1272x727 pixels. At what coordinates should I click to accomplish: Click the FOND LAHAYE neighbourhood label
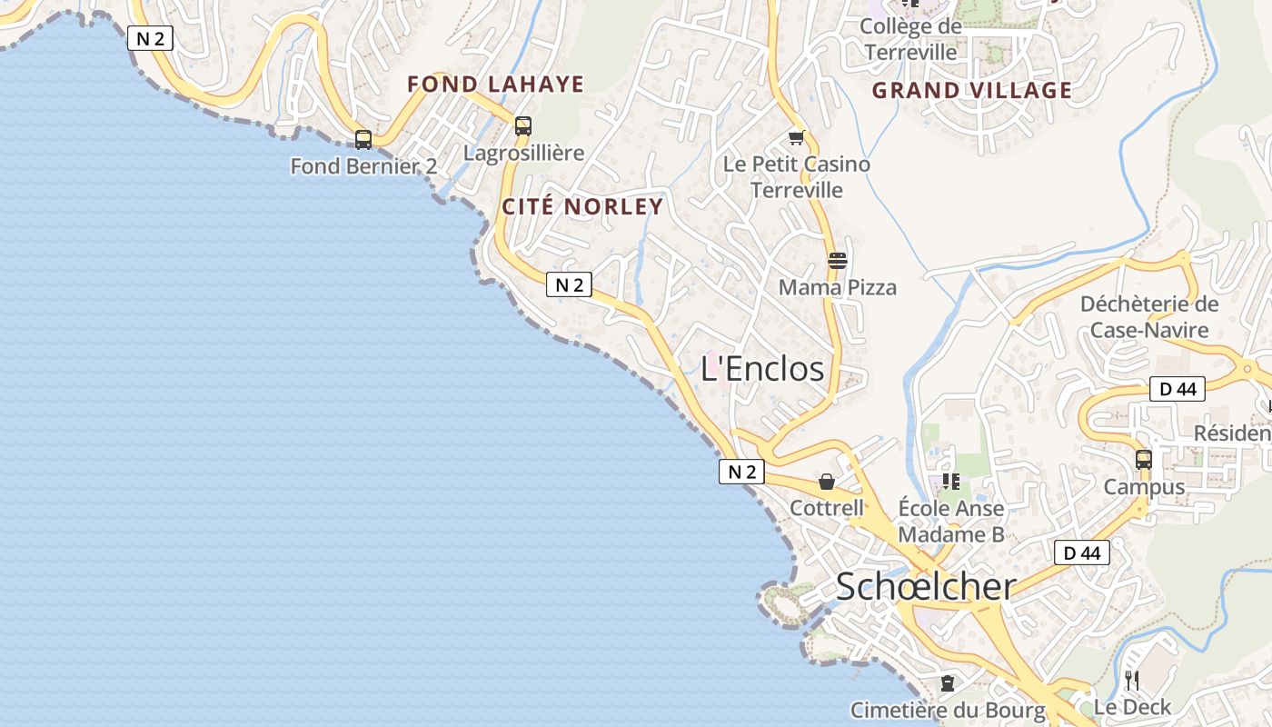click(495, 85)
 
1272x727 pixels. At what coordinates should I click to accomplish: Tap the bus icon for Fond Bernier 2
click(363, 140)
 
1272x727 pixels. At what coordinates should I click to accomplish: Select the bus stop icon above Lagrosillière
click(523, 126)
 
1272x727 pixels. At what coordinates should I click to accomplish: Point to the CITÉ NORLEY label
click(582, 206)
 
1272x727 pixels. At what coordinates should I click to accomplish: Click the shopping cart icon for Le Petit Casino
click(797, 138)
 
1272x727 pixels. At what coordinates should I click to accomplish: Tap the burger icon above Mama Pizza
click(838, 261)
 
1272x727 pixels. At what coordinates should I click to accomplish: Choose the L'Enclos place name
click(762, 368)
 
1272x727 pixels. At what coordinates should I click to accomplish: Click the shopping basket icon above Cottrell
click(827, 482)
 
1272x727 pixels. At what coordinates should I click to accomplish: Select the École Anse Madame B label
click(951, 521)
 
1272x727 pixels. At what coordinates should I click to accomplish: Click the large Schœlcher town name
click(925, 586)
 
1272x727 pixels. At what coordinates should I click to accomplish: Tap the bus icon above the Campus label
click(1144, 460)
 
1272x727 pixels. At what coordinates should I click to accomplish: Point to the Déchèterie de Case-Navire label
click(1149, 316)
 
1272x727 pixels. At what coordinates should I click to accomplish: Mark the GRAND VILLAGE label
click(972, 91)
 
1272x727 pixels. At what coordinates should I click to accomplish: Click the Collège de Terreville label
click(910, 39)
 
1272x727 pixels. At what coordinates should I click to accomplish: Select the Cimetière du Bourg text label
click(948, 710)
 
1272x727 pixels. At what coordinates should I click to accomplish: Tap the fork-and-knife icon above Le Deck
click(1132, 680)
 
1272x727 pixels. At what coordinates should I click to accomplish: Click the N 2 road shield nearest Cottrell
click(741, 472)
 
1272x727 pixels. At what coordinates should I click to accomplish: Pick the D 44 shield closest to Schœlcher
click(1082, 553)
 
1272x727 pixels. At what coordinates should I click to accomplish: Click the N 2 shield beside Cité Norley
click(569, 285)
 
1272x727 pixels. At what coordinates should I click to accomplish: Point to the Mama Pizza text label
click(838, 287)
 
